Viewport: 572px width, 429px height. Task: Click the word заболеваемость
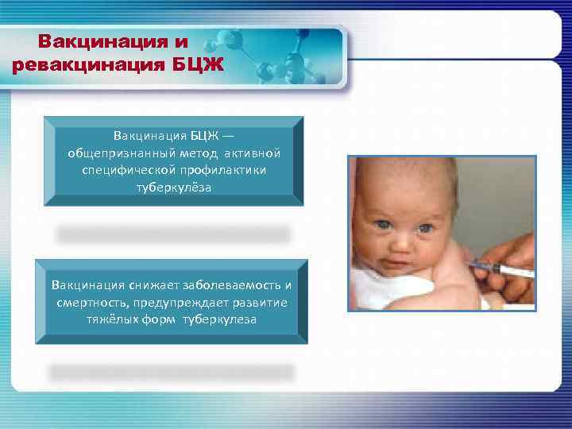[x=229, y=285]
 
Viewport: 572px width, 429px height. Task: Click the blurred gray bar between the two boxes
[x=173, y=234]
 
